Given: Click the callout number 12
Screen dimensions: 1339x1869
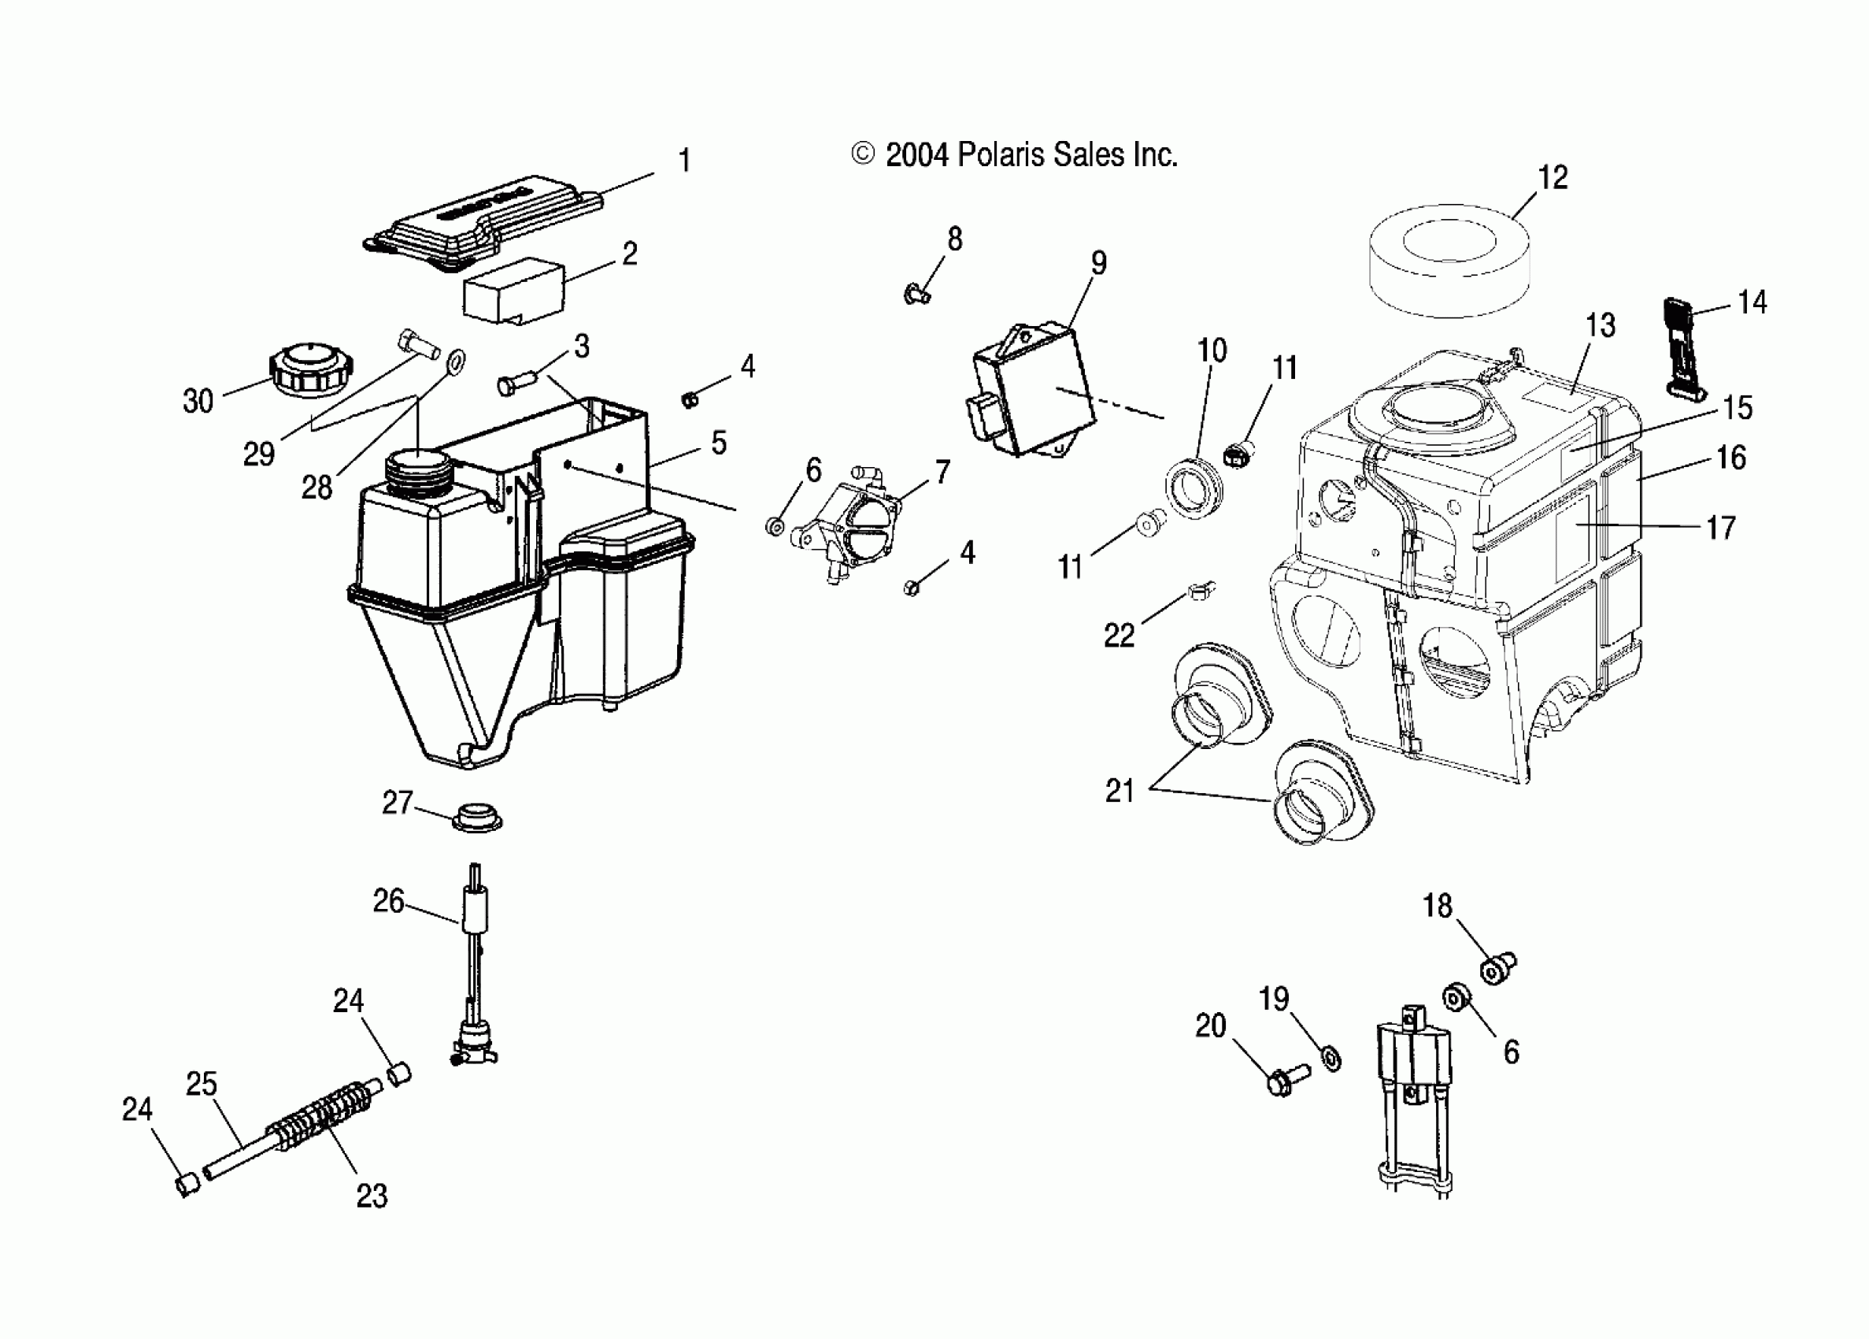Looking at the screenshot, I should coord(1553,177).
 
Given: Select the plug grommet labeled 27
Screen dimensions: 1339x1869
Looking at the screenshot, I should coord(477,818).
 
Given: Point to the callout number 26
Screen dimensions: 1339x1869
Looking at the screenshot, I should coord(388,900).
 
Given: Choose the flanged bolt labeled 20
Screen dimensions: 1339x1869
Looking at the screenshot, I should coord(1286,1080).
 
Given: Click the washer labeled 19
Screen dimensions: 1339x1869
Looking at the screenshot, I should coord(1331,1058).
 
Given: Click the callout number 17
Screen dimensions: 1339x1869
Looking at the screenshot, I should coord(1721,528).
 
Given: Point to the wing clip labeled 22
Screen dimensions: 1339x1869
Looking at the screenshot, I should coord(1201,591).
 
